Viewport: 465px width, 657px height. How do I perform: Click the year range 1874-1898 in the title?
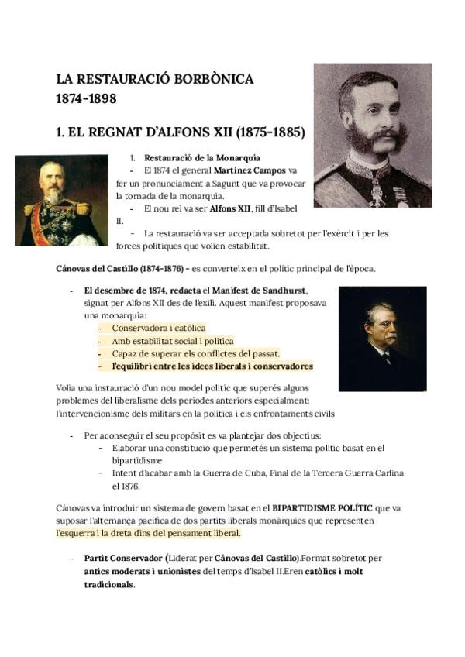pos(86,99)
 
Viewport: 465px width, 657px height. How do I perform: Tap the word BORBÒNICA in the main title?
pos(211,79)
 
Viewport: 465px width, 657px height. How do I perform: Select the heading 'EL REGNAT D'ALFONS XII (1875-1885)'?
pos(180,132)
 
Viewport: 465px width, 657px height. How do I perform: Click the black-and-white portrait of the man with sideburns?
pos(372,136)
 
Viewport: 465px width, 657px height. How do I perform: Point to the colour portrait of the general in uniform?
pos(61,200)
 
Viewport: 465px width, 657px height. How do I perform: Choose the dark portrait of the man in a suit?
pos(382,339)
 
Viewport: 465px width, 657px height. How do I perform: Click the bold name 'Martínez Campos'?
pos(250,170)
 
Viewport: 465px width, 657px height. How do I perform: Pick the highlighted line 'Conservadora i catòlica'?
pos(159,328)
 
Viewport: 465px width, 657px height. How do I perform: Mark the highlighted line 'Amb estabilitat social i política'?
pos(172,341)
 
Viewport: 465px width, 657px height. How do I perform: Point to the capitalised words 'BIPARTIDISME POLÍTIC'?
pos(321,508)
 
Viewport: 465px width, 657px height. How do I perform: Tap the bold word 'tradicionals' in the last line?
pos(108,584)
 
